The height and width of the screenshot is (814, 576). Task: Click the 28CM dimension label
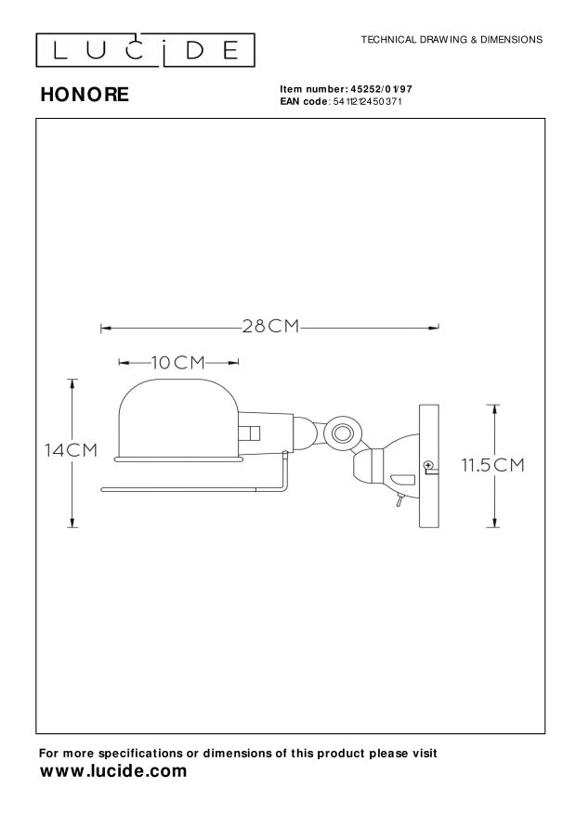[x=270, y=326]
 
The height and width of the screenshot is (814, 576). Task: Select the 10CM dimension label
[x=178, y=362]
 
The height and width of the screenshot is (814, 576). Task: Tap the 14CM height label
[x=72, y=450]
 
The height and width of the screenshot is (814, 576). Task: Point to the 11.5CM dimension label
[x=493, y=465]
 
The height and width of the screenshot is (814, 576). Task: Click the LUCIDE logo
[x=146, y=50]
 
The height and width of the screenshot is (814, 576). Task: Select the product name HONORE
[x=85, y=95]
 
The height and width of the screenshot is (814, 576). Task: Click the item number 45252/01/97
[x=381, y=89]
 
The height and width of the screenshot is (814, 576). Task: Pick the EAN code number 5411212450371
[x=367, y=101]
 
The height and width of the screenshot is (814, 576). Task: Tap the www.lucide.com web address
[x=113, y=771]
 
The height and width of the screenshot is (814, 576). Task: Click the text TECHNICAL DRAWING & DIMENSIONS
[x=452, y=40]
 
